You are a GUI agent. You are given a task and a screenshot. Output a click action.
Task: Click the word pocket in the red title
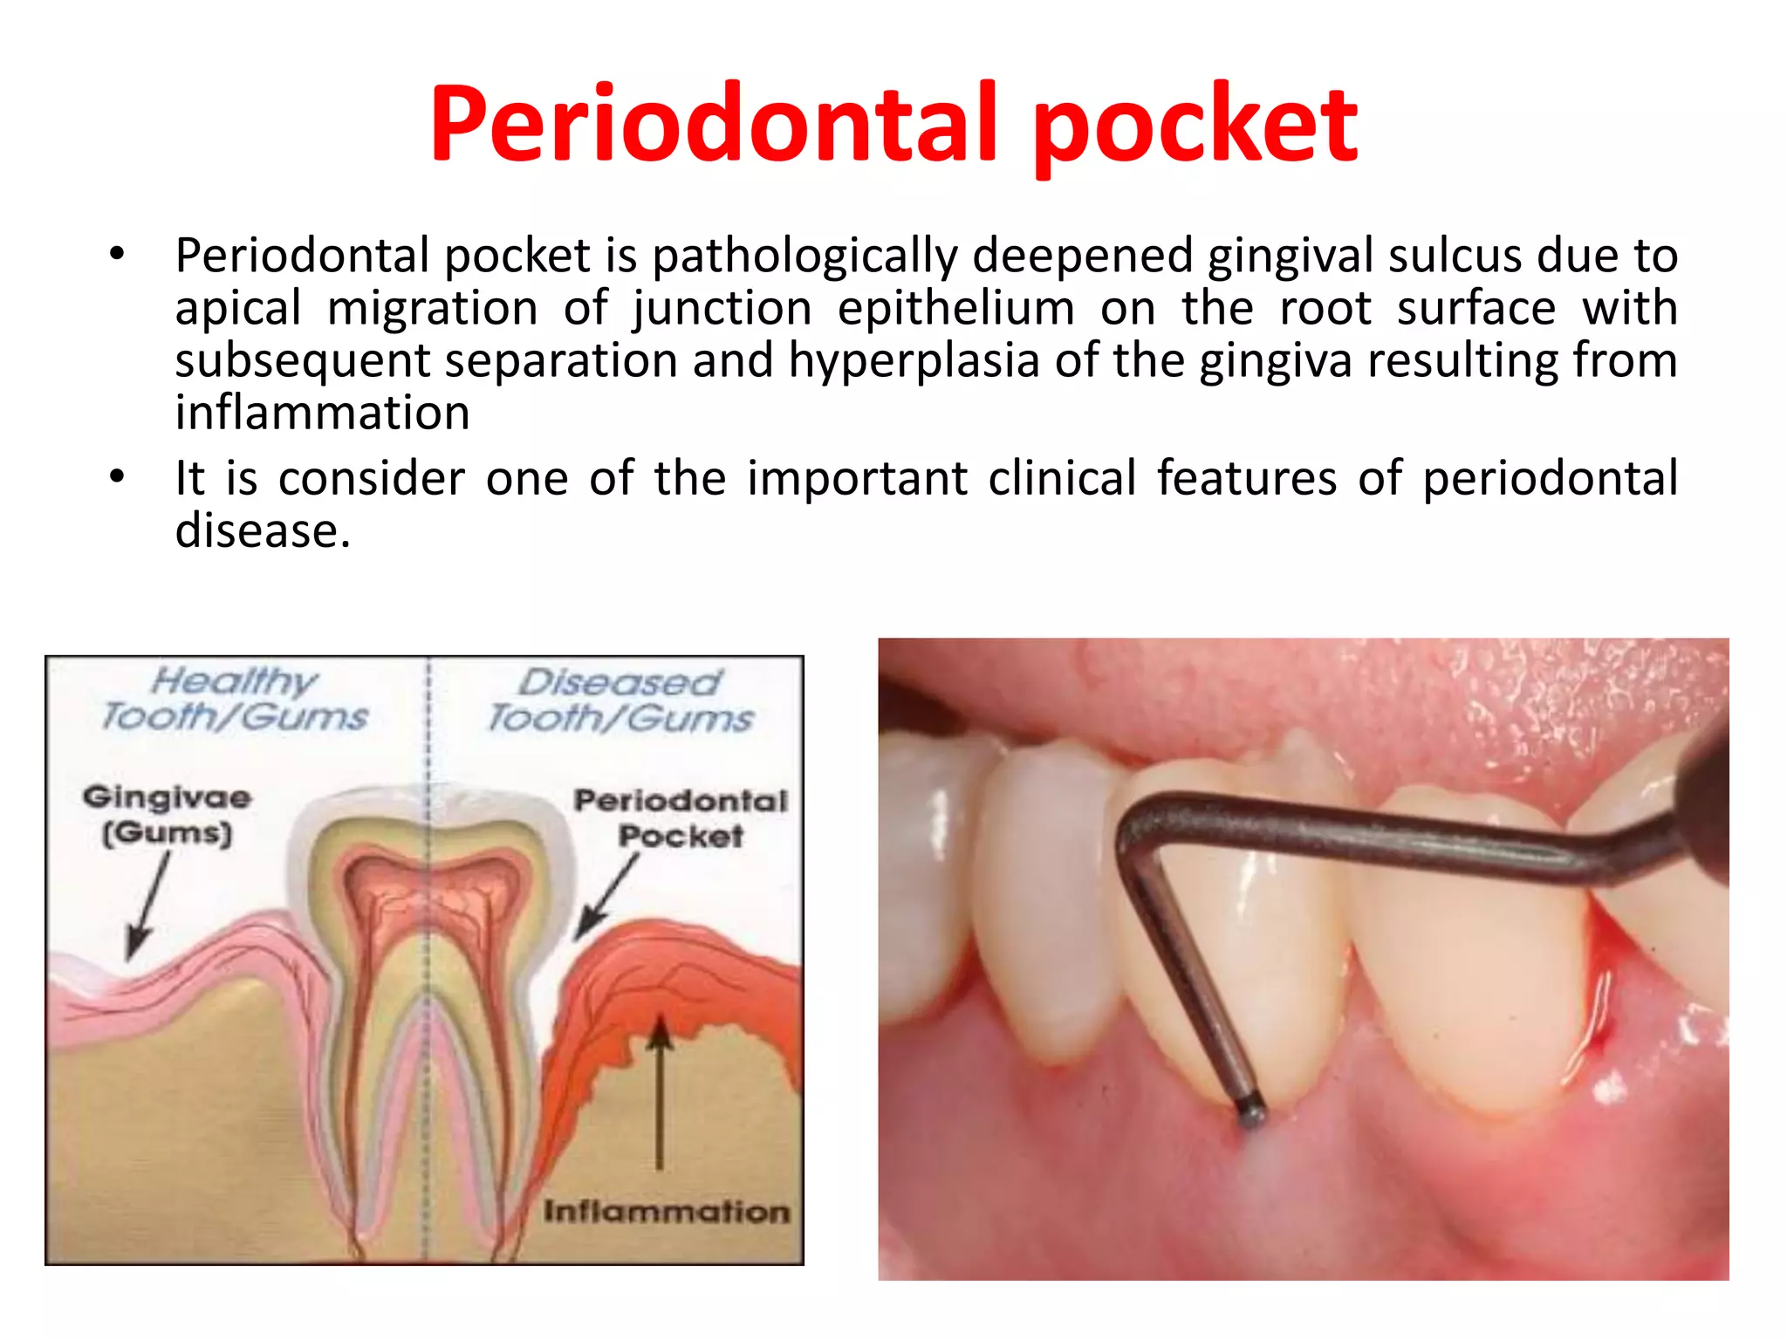[1195, 126]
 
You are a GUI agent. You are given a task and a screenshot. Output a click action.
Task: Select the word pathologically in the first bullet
[804, 256]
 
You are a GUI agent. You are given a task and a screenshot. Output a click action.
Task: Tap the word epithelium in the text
[955, 309]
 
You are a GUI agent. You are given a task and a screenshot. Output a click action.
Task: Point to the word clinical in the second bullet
[1062, 479]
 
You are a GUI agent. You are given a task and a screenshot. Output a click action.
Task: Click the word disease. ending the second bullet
[262, 531]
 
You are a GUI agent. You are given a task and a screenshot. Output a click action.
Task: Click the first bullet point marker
[117, 255]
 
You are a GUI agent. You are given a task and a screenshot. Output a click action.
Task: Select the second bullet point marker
[117, 477]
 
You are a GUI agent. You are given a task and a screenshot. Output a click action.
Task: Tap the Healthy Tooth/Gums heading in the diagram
[234, 699]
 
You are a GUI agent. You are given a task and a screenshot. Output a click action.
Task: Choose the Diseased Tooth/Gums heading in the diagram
[620, 701]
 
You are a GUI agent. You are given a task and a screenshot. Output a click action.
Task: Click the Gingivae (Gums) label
[167, 815]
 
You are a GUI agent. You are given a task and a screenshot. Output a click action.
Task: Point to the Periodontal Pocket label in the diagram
[681, 817]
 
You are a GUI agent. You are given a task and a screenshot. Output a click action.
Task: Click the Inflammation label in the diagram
[666, 1212]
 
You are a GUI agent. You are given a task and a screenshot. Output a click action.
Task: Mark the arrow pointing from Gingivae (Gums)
[148, 907]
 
